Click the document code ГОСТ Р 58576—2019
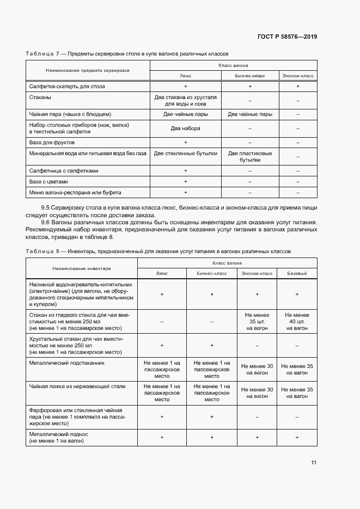[x=287, y=37]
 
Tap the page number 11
[x=314, y=463]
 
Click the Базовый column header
[x=297, y=273]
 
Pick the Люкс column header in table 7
[x=185, y=76]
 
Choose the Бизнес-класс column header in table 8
[x=212, y=273]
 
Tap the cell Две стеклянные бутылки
[x=186, y=154]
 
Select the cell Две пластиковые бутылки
[x=250, y=157]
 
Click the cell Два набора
[x=186, y=128]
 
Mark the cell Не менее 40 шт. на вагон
[x=297, y=321]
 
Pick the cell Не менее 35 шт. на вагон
[x=257, y=321]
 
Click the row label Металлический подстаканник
[x=66, y=362]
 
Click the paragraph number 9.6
[x=46, y=222]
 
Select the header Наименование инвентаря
[x=82, y=268]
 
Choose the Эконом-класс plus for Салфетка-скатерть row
[x=298, y=87]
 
